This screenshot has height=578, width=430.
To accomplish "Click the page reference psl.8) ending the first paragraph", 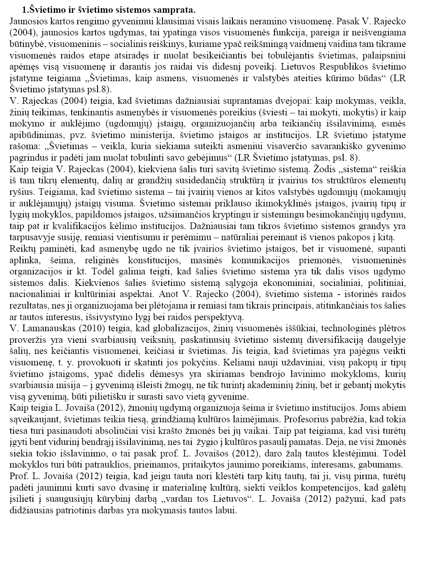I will [96, 89].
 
